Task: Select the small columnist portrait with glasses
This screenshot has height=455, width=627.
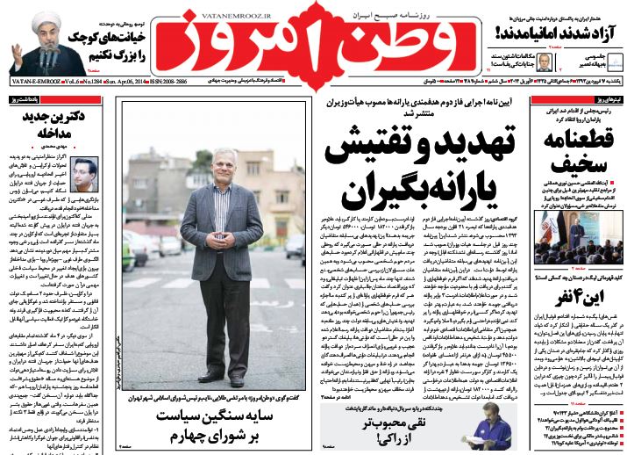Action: tap(84, 175)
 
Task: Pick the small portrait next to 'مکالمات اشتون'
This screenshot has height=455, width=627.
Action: tap(543, 61)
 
